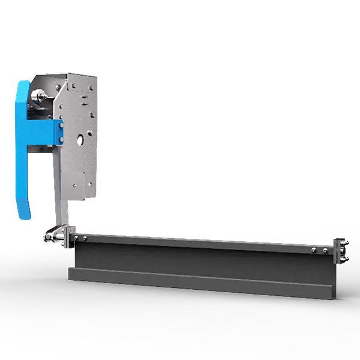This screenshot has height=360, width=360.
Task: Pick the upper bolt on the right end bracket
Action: tap(347, 242)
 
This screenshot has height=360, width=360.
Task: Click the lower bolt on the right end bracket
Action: tap(347, 259)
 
